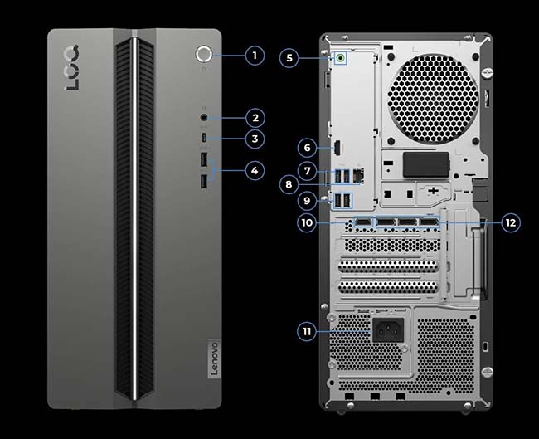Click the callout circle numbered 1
(255, 56)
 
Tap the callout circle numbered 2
(255, 118)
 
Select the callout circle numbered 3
(255, 139)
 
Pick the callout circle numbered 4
(255, 170)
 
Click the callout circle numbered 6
(307, 148)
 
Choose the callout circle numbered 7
(307, 171)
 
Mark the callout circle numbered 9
(307, 199)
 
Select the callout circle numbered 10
(308, 222)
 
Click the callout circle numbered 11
(308, 331)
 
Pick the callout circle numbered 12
(511, 222)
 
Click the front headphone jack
(204, 118)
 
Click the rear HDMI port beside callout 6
(341, 149)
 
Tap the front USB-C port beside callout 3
(204, 139)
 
